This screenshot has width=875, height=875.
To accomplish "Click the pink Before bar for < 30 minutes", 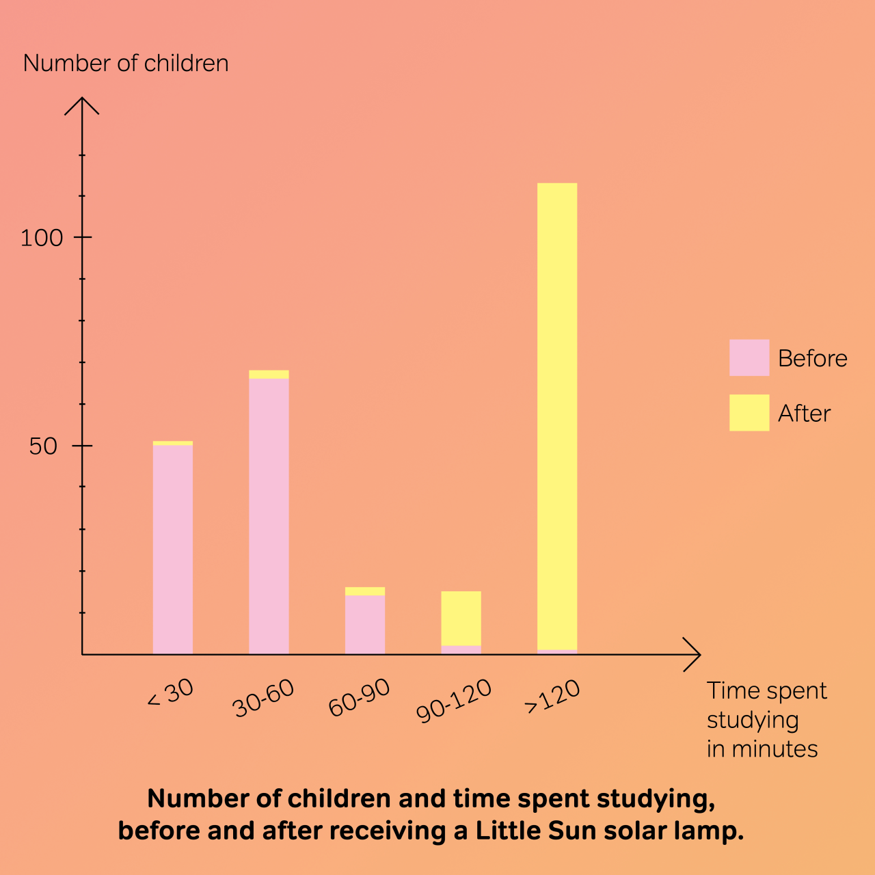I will coord(172,550).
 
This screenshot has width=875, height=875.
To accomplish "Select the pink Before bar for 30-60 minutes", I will coord(269,516).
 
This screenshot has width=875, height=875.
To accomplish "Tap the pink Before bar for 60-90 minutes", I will coord(365,624).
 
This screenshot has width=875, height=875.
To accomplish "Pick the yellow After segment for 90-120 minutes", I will coord(461,618).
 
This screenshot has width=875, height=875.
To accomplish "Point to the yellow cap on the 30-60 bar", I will coord(269,375).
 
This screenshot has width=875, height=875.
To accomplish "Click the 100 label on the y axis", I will coord(42,238).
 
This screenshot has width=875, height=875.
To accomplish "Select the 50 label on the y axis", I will coord(43,446).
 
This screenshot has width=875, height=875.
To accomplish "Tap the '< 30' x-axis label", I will coord(171,694).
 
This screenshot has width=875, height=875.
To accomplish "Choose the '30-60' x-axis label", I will coord(263,698).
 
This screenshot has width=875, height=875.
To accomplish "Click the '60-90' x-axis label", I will coord(359,698).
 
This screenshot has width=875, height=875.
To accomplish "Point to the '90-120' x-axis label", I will coord(453,701).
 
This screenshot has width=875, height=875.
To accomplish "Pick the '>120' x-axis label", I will coord(552,697).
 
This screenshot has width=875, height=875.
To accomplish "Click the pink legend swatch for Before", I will coord(749,358).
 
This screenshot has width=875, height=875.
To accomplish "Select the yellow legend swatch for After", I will coord(749,413).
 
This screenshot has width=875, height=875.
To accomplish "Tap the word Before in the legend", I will coord(812,358).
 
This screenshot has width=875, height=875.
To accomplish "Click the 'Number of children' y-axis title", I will coord(126,64).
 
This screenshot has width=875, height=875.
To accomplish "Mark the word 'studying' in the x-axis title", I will coord(753,721).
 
